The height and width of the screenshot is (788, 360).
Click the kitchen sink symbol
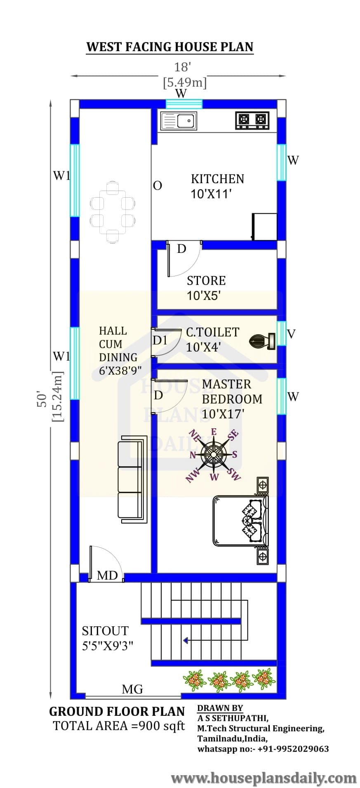(179, 120)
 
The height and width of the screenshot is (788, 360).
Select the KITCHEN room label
(217, 179)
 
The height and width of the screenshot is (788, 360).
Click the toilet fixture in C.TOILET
(262, 340)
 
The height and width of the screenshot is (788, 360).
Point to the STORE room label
(206, 281)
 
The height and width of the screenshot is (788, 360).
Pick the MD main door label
(107, 575)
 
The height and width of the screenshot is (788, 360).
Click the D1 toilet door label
(160, 340)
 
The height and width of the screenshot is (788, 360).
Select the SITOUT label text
(105, 631)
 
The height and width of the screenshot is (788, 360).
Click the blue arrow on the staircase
(186, 640)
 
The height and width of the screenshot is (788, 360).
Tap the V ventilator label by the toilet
(291, 334)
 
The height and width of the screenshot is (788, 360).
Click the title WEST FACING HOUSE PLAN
(169, 47)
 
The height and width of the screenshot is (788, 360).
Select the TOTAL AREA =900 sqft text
(119, 726)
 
